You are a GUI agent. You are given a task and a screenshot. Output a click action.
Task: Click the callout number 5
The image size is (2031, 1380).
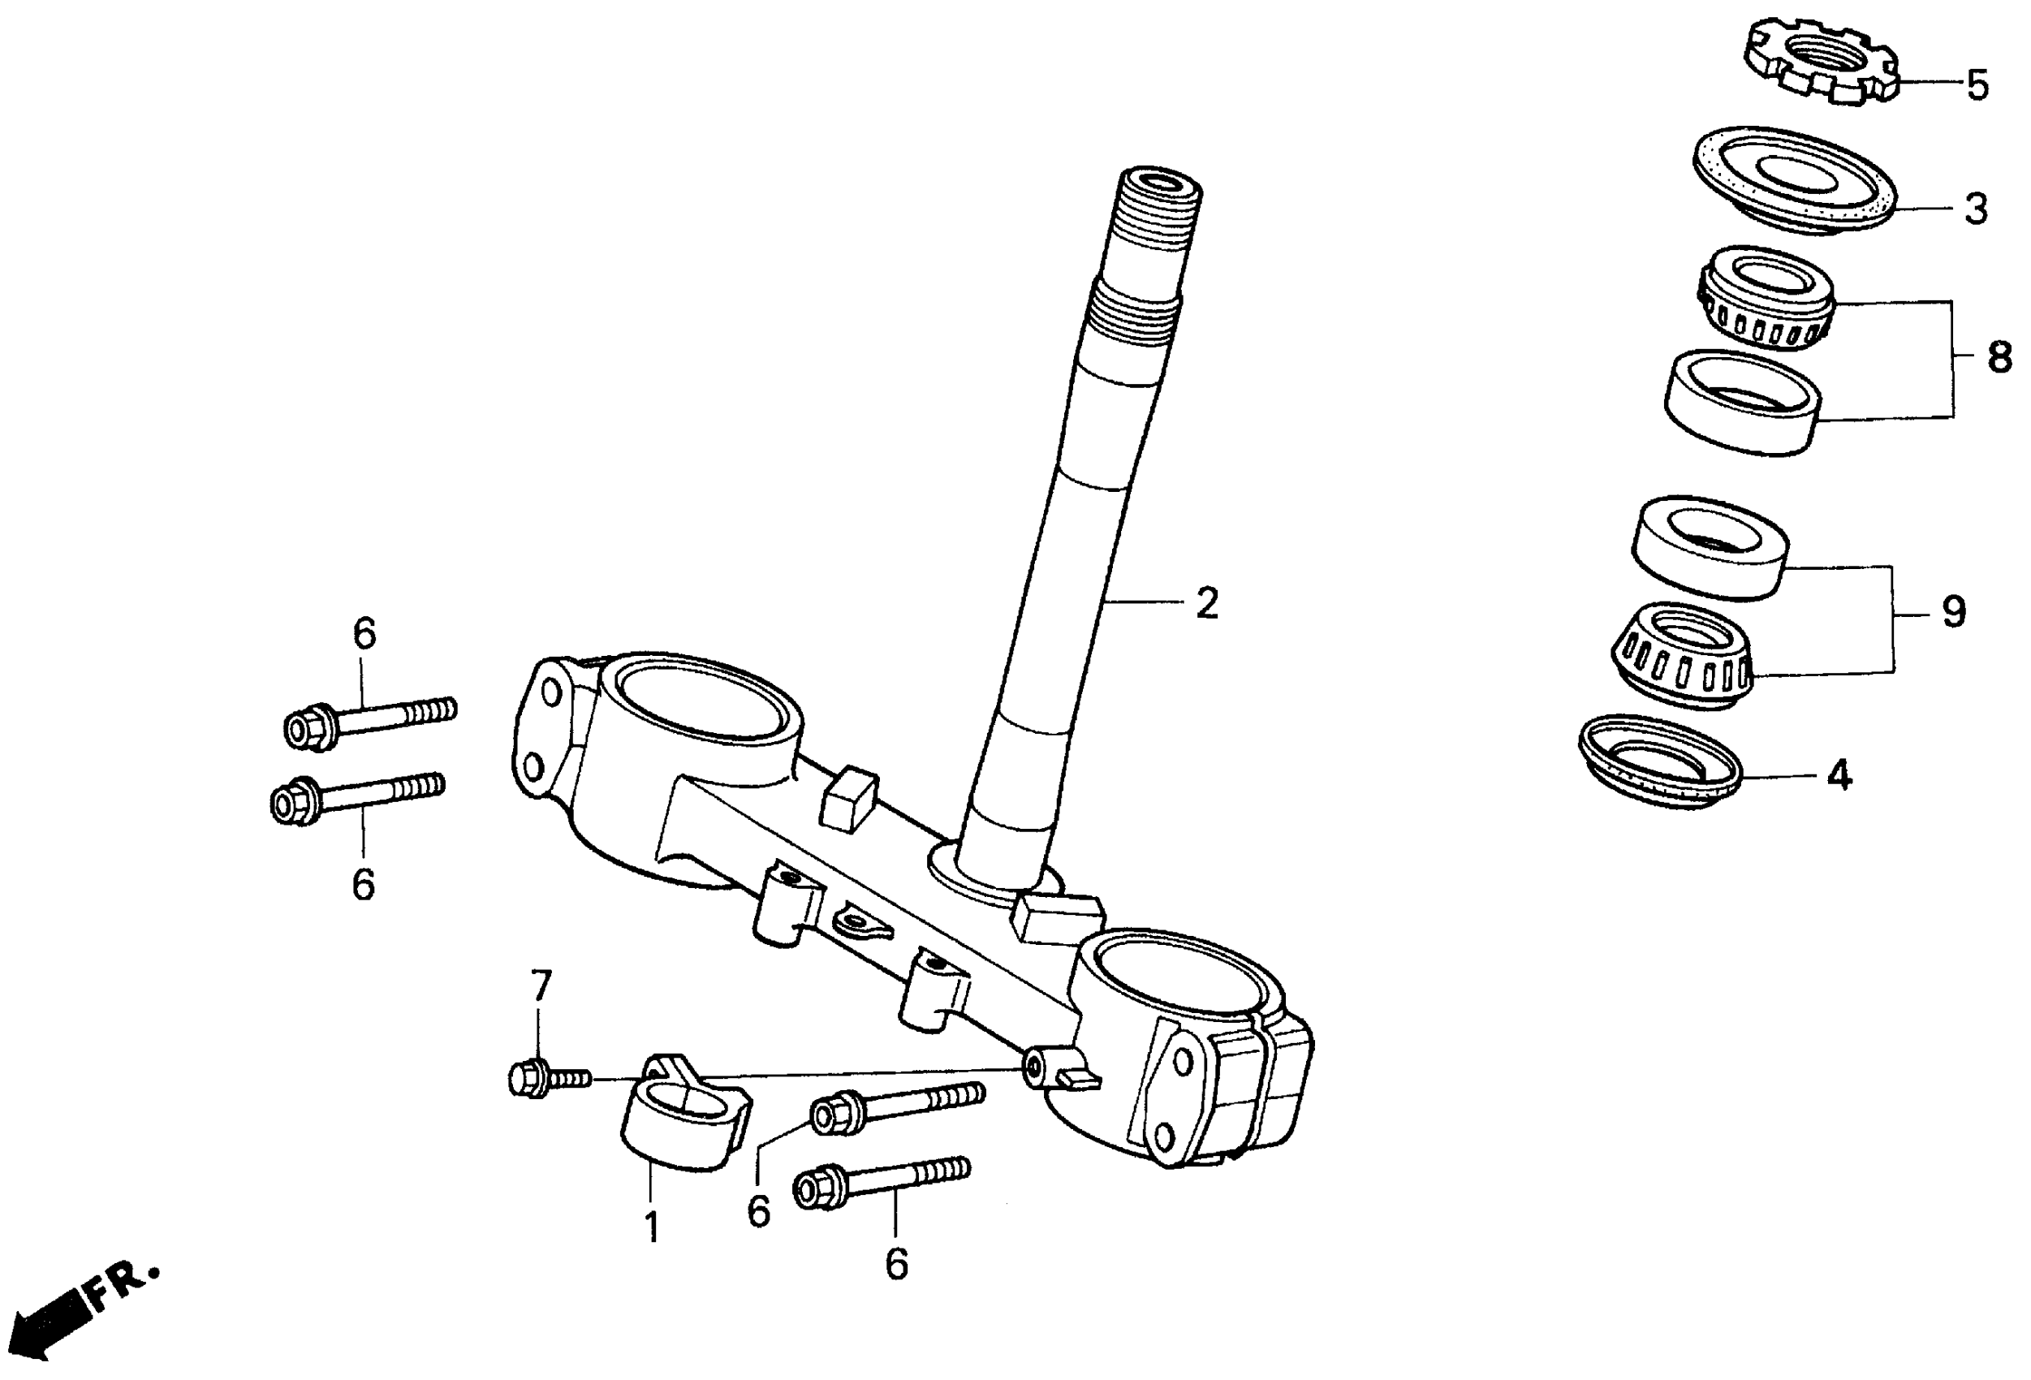click(1977, 86)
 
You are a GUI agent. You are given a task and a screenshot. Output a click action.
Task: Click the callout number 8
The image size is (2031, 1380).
click(1999, 357)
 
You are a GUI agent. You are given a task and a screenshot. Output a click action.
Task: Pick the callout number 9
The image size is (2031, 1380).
click(1954, 612)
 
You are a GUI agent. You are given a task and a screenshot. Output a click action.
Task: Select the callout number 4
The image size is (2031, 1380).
click(1839, 774)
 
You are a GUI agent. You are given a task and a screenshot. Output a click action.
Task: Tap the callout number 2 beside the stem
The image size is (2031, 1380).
click(1207, 603)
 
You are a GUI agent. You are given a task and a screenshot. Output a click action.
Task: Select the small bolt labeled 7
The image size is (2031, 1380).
click(545, 1080)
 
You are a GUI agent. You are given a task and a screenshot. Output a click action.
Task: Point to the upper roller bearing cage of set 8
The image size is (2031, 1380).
click(1766, 298)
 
